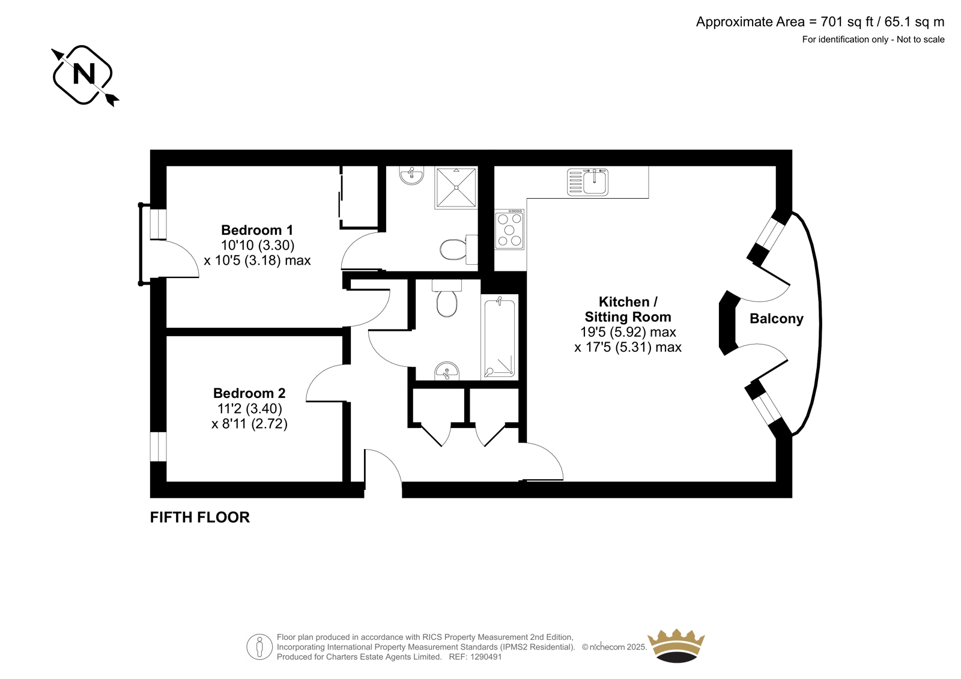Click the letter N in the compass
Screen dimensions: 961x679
(83, 74)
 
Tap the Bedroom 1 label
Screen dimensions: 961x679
(257, 230)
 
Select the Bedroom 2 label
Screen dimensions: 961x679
(249, 393)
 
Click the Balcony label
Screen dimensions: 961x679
(776, 319)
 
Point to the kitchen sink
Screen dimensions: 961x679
(587, 182)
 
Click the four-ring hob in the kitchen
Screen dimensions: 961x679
(509, 229)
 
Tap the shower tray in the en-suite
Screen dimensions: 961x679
(456, 188)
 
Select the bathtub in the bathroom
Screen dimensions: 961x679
(499, 337)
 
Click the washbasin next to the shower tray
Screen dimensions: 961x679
(411, 175)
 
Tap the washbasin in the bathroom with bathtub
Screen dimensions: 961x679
(447, 370)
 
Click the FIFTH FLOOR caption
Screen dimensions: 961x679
(199, 518)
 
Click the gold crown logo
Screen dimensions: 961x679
(676, 645)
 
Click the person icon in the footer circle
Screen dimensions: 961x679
(259, 647)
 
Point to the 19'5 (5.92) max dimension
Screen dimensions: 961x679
(628, 332)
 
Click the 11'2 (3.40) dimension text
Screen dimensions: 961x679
(249, 408)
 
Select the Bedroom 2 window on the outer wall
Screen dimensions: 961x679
(158, 447)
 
